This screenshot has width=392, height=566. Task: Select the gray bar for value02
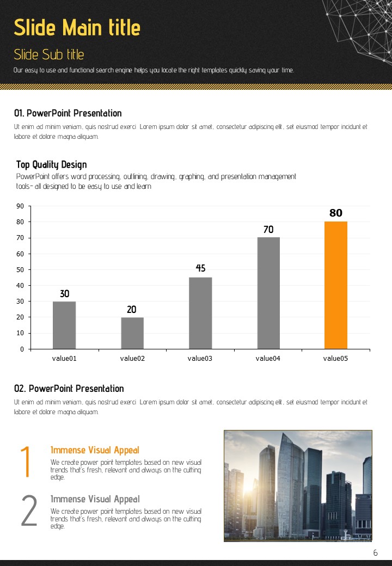(132, 333)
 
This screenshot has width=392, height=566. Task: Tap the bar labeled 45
(200, 313)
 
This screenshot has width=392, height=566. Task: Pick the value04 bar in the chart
(268, 293)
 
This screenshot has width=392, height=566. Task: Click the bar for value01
(64, 325)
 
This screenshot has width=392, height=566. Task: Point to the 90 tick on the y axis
(20, 206)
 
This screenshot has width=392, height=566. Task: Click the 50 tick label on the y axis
(20, 270)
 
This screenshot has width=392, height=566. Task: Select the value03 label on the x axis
(200, 358)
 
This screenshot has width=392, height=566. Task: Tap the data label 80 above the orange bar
(336, 213)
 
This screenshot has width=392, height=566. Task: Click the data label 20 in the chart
(132, 310)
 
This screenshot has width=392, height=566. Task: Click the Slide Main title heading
(77, 27)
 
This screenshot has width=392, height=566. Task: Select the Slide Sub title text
(49, 54)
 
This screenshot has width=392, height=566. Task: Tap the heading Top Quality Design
(51, 164)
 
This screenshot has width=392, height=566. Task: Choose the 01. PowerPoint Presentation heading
(68, 113)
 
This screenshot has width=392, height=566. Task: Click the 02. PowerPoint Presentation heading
(69, 389)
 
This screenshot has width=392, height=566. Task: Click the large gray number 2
(28, 512)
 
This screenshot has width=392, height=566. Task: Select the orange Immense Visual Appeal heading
(95, 450)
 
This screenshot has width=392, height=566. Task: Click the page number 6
(375, 553)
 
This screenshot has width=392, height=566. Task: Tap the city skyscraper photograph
(298, 485)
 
